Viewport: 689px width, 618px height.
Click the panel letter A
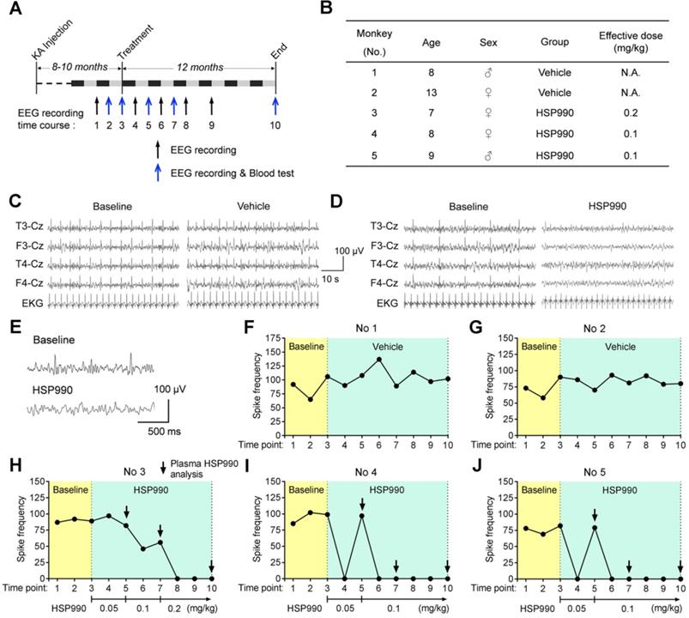[13, 11]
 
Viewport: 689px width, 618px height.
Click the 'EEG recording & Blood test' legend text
[235, 173]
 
